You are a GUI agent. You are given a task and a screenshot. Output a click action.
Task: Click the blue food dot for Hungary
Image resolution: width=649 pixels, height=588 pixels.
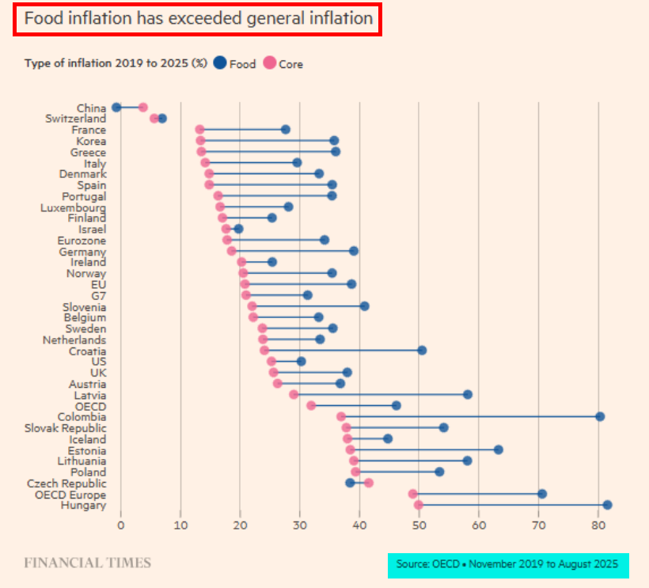click(607, 505)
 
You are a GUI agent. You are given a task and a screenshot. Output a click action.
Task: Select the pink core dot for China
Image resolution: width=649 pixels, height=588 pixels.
click(143, 108)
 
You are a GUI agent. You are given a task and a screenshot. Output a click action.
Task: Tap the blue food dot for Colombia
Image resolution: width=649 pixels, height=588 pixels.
click(600, 416)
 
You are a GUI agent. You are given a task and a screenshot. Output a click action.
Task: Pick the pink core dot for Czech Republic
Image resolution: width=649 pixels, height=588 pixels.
click(368, 483)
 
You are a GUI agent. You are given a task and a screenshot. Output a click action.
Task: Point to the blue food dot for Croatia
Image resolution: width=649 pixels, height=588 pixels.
click(422, 351)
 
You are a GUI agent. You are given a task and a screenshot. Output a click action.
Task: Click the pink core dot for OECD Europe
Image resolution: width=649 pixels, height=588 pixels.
click(413, 494)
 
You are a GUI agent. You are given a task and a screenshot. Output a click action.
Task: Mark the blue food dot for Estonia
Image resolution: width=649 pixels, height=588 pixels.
click(498, 450)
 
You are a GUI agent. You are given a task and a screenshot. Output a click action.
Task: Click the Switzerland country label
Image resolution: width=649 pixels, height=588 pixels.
click(75, 119)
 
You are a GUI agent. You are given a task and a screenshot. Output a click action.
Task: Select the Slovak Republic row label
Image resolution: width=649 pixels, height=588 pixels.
click(67, 427)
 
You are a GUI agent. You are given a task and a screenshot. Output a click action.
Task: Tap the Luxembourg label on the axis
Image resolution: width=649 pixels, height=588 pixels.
click(73, 207)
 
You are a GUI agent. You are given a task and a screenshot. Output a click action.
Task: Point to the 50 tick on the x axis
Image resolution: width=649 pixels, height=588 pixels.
click(419, 524)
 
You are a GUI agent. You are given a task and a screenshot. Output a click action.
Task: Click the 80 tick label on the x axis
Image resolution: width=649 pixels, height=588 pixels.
click(598, 524)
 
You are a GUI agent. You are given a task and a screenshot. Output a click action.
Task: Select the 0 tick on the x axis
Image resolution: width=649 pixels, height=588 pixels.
click(121, 524)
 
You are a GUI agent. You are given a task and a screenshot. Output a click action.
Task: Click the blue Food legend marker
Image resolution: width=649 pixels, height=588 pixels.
click(220, 63)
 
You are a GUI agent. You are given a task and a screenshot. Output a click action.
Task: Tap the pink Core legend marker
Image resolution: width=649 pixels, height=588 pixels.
click(270, 63)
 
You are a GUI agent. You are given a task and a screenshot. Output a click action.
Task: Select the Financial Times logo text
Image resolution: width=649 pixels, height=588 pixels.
click(87, 563)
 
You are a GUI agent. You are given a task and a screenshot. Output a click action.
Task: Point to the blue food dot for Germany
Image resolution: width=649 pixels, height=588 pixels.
click(354, 251)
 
